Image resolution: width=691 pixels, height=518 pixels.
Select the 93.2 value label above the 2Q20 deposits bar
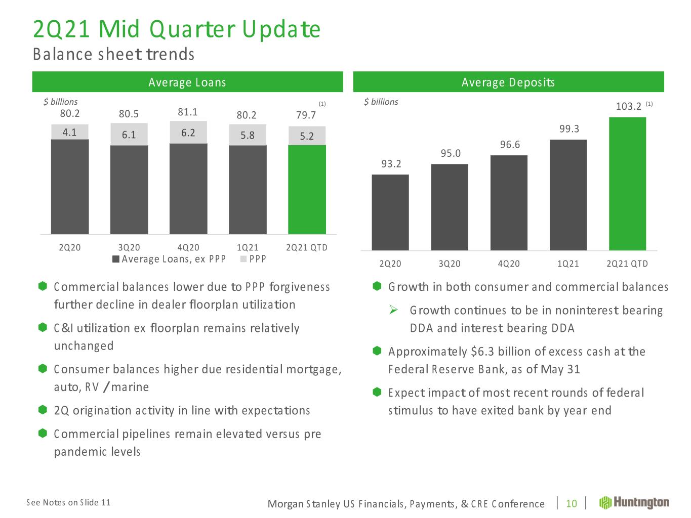click(x=391, y=163)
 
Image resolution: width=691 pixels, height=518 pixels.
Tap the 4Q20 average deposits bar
click(x=509, y=202)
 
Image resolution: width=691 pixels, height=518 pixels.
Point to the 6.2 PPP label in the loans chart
click(x=188, y=133)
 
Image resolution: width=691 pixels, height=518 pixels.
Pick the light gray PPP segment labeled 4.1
click(x=70, y=132)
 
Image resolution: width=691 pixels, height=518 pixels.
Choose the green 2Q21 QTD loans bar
click(x=307, y=190)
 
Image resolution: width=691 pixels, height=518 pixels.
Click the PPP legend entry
click(x=253, y=259)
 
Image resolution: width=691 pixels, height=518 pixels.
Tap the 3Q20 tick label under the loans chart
click(x=129, y=247)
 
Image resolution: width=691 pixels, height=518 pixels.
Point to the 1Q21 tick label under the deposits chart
click(x=568, y=264)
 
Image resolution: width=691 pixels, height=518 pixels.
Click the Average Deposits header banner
click(x=508, y=82)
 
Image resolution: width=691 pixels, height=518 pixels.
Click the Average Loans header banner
click(x=187, y=82)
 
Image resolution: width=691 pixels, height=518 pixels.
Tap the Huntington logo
click(x=634, y=502)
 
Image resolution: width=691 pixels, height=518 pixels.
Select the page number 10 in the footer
click(x=572, y=503)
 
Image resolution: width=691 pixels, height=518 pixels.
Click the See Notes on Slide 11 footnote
click(x=68, y=502)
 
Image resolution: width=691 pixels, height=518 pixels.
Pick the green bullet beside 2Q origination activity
click(x=43, y=410)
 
